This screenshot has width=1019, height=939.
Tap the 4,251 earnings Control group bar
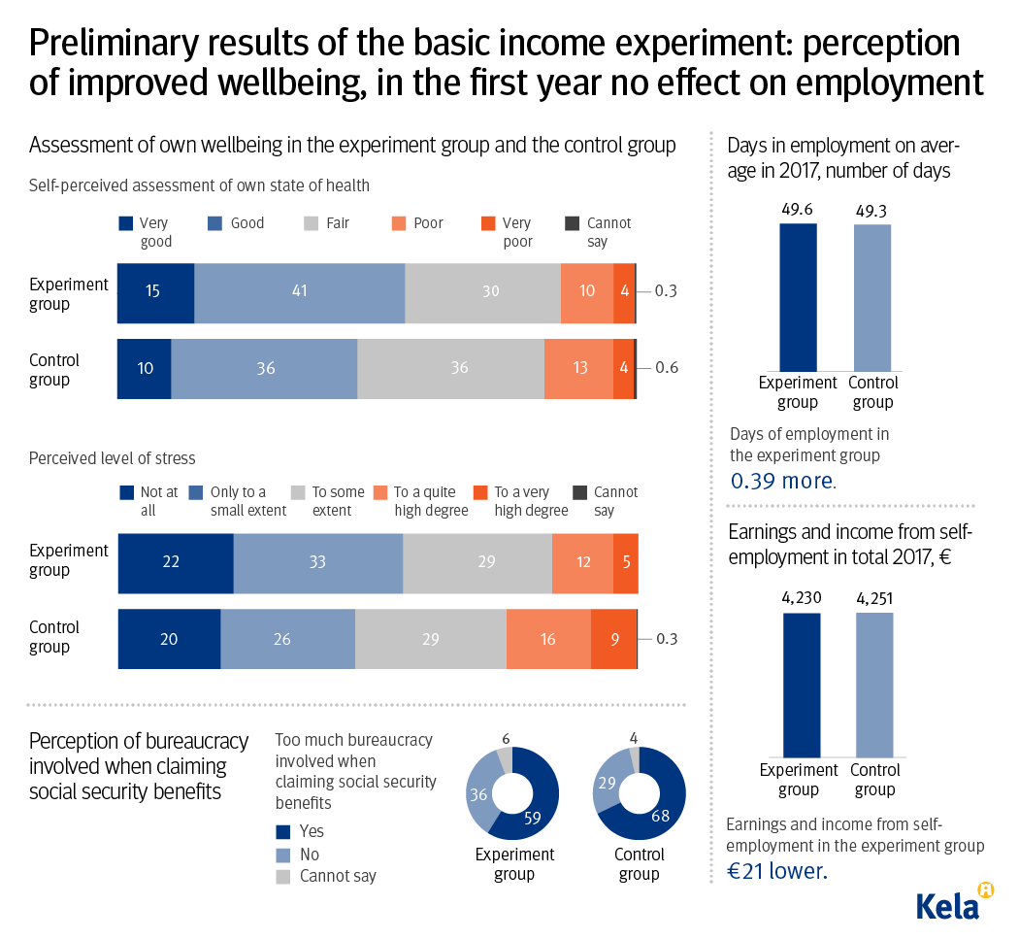pos(874,685)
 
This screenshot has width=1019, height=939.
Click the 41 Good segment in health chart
pos(299,292)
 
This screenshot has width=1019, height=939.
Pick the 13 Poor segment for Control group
pos(578,369)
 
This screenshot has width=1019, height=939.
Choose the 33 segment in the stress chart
pos(317,563)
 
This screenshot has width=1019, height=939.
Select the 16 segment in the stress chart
pos(548,639)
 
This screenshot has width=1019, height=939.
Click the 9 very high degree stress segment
pos(613,639)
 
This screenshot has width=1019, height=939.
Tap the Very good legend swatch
pos(125,223)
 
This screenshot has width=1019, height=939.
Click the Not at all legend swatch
pos(125,492)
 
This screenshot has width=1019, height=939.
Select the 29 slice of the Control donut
pos(608,783)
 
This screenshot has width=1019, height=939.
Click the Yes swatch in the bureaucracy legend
pos(283,832)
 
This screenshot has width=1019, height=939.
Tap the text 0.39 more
pos(781,481)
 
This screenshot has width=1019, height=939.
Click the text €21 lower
pos(777,871)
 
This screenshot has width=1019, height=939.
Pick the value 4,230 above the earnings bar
pos(802,600)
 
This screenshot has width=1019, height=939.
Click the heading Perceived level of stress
pos(112,458)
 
